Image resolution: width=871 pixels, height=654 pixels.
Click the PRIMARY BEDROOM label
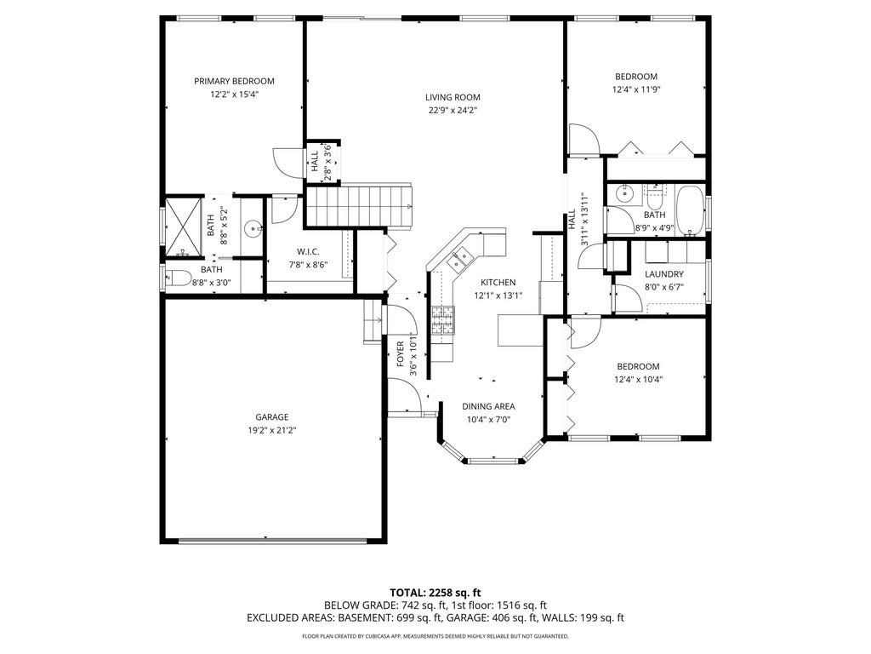click(234, 81)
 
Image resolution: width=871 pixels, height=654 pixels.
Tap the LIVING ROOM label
click(453, 97)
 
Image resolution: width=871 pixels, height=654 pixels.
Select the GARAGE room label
click(272, 417)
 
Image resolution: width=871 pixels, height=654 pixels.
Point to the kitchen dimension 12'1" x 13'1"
click(498, 295)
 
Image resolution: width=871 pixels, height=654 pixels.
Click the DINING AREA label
click(488, 406)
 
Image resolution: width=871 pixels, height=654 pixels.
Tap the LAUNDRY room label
click(663, 274)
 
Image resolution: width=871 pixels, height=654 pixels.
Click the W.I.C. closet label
click(308, 252)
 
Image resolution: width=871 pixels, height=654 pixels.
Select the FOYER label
click(400, 354)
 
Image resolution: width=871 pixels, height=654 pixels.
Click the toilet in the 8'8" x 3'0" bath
click(179, 277)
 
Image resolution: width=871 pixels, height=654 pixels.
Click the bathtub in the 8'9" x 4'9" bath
click(689, 211)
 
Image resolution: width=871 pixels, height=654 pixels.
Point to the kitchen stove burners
click(442, 320)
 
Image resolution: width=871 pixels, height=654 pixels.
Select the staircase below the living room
click(360, 206)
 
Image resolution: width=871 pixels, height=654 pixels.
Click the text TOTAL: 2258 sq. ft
click(435, 593)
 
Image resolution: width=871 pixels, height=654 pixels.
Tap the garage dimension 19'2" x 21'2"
click(272, 430)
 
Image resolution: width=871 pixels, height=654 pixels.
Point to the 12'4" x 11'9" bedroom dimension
click(636, 89)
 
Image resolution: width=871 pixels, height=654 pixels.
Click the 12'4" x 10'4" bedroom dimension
click(638, 380)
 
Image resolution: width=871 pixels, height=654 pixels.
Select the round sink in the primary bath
click(253, 227)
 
